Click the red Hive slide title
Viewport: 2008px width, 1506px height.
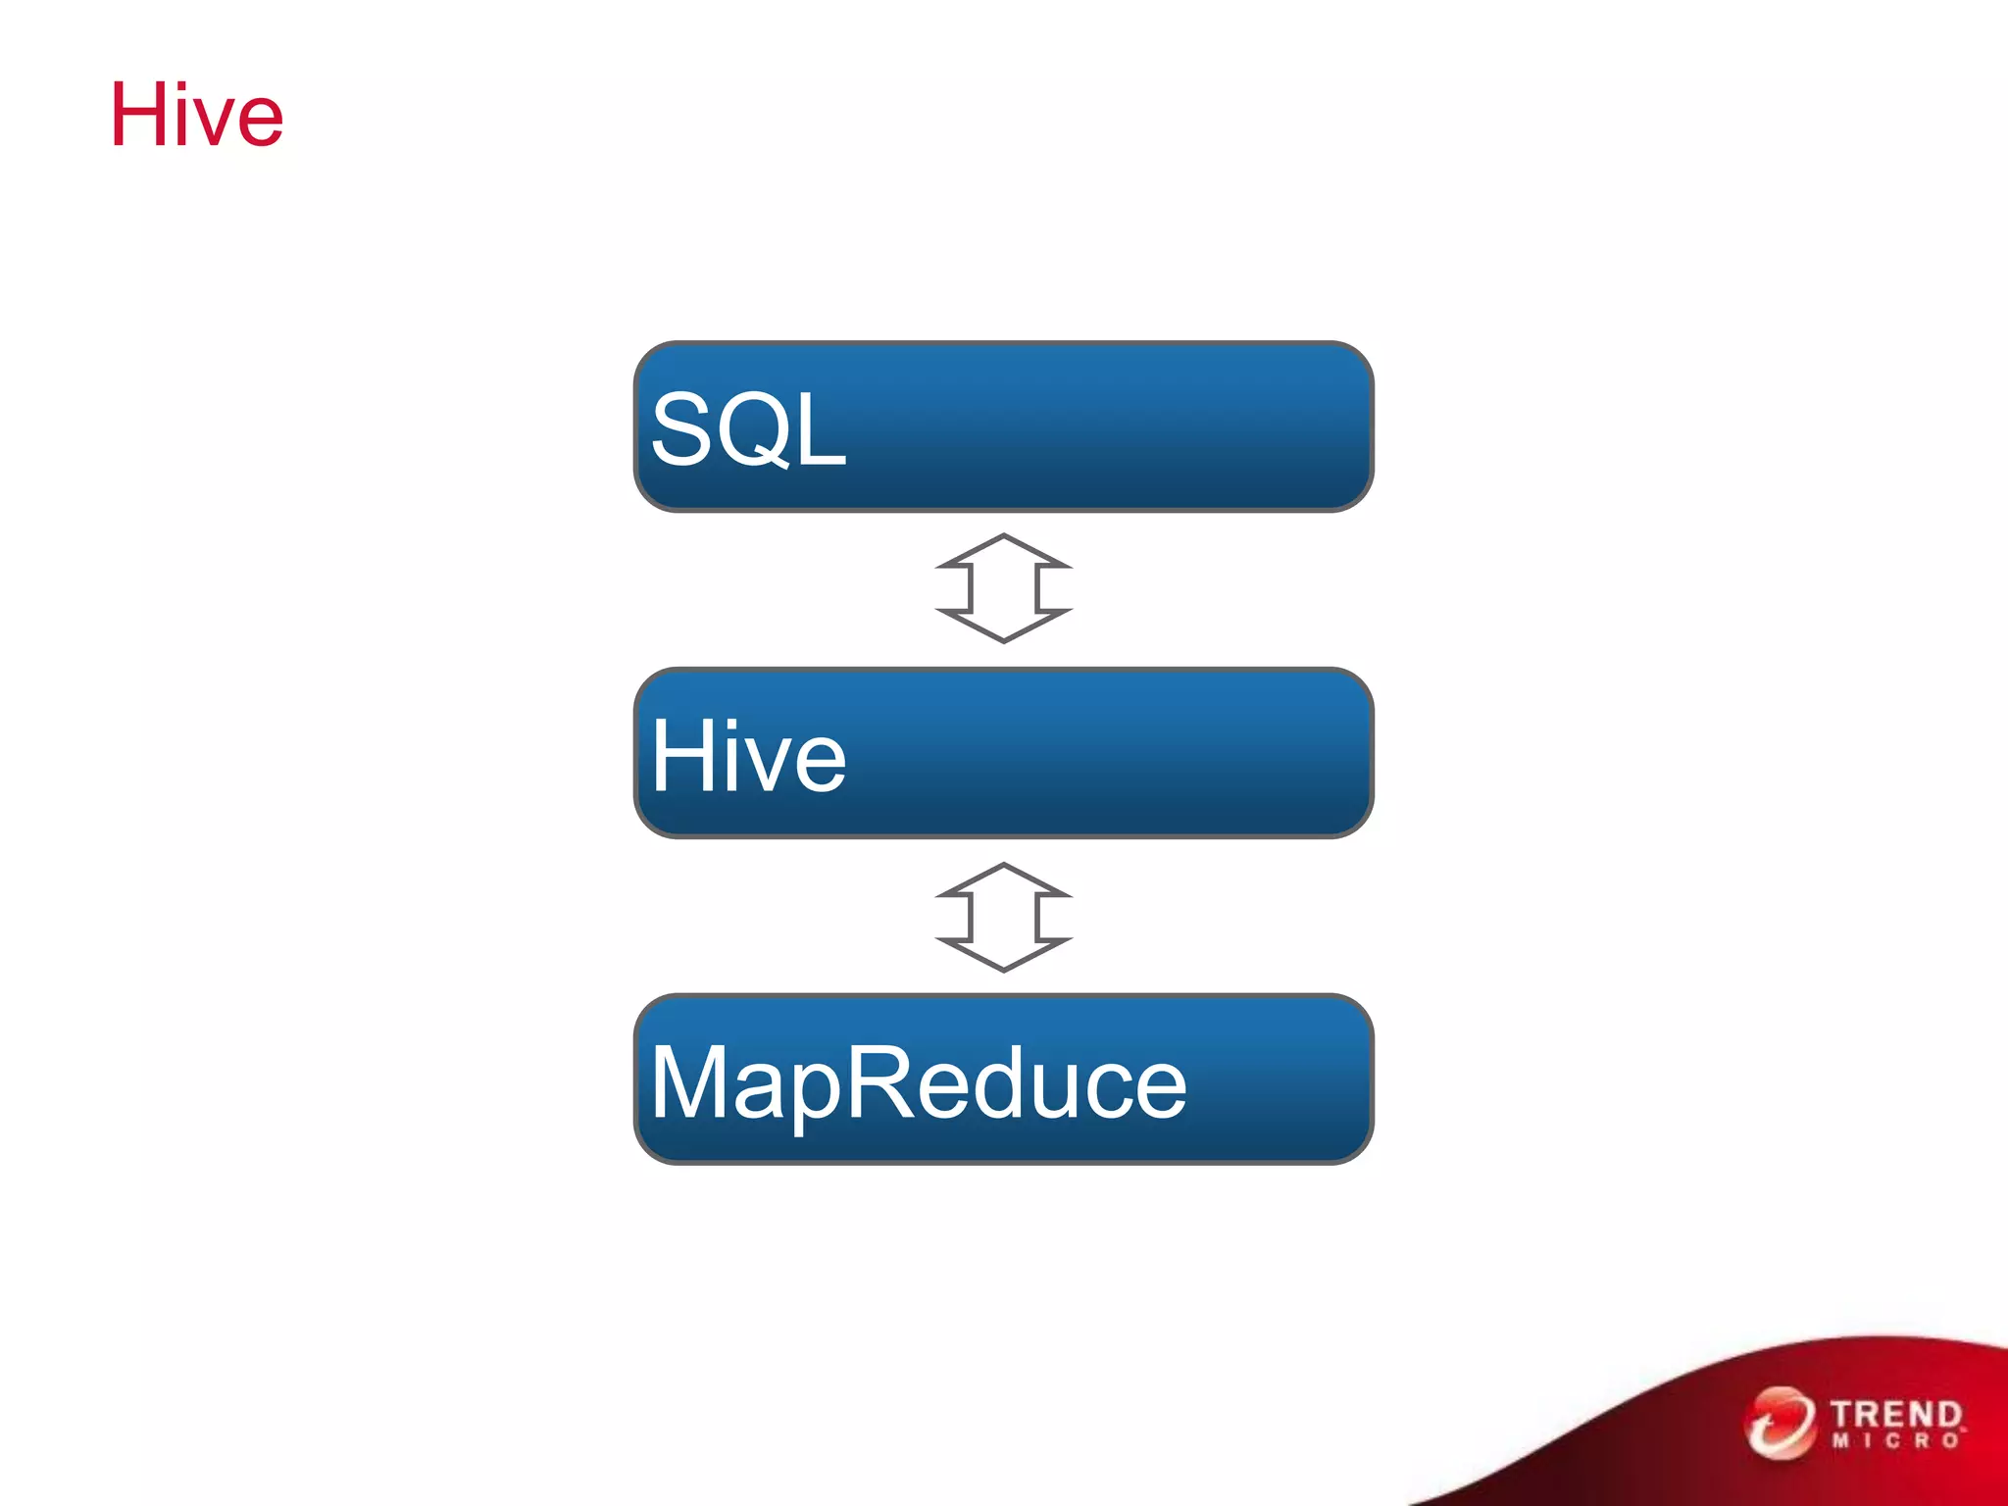(196, 116)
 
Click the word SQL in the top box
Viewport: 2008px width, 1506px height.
(748, 429)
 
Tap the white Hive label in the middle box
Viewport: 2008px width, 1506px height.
(748, 756)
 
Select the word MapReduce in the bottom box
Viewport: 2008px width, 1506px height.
(919, 1082)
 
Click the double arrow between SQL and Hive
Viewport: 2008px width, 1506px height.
(1003, 588)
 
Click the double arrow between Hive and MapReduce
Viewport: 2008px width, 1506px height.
(1003, 918)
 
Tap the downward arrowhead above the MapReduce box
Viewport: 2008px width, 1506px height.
(1003, 955)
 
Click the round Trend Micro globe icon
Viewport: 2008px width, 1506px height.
(1779, 1423)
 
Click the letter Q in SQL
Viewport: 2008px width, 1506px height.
(756, 431)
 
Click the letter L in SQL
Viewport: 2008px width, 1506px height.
(822, 429)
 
